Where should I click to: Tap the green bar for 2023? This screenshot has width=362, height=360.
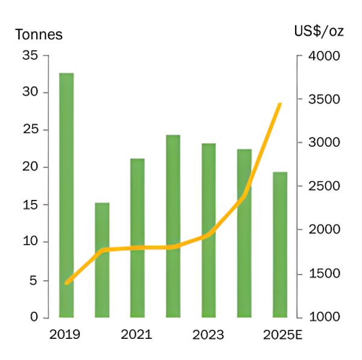coord(209,230)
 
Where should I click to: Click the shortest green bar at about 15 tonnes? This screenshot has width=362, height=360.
coord(102,260)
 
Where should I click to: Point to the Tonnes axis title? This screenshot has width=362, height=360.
coord(39,34)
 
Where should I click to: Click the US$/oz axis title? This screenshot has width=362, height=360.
coord(319,31)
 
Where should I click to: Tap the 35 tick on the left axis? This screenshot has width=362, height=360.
coord(30,56)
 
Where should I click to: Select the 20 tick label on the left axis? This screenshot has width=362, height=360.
coord(30,167)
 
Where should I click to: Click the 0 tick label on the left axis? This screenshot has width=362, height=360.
coord(34,317)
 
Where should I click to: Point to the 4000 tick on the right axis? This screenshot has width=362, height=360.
coord(326,56)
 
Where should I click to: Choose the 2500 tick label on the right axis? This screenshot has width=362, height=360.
coord(326,186)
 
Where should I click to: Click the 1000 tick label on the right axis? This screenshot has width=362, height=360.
coord(326,317)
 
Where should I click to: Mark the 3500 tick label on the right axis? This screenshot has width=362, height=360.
coord(326,99)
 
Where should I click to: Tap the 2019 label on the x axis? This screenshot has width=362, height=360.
coord(65,335)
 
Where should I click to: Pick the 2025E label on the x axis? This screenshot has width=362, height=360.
coord(281,335)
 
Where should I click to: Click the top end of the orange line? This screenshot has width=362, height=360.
coord(280,104)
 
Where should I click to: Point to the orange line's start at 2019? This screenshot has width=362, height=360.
coord(66,282)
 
